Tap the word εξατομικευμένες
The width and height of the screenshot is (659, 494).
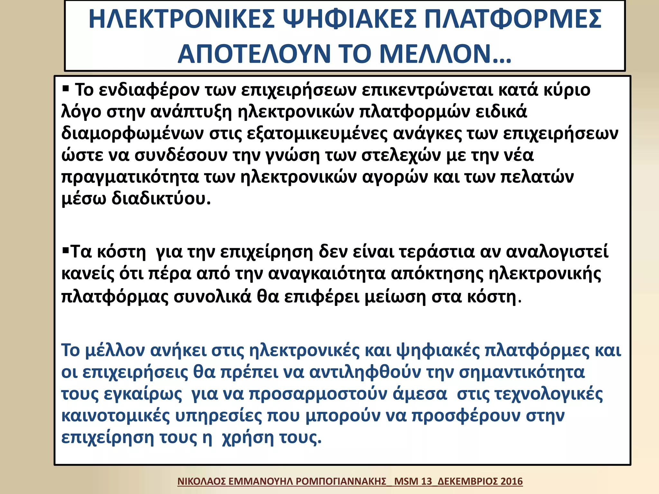pyautogui.click(x=317, y=134)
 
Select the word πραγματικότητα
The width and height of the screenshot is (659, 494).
pyautogui.click(x=130, y=178)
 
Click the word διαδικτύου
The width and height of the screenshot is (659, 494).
pyautogui.click(x=161, y=199)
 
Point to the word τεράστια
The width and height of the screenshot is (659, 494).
pyautogui.click(x=437, y=252)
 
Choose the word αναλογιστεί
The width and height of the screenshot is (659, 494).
pyautogui.click(x=557, y=252)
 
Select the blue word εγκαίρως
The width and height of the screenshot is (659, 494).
pyautogui.click(x=143, y=395)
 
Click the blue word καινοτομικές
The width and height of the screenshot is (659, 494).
pyautogui.click(x=116, y=416)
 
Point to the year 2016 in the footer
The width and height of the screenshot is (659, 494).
pyautogui.click(x=512, y=481)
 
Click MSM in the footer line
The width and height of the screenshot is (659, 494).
pyautogui.click(x=406, y=481)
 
